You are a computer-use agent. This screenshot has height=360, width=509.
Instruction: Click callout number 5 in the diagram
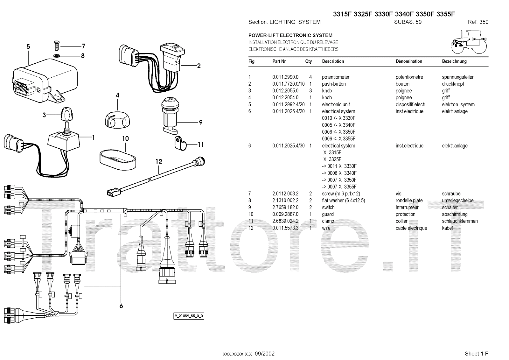pyautogui.click(x=28, y=47)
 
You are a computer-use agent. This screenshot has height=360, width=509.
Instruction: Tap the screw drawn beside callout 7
pyautogui.click(x=56, y=46)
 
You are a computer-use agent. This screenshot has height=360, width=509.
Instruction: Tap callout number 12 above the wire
pyautogui.click(x=159, y=161)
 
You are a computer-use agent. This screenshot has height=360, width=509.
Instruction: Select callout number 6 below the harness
pyautogui.click(x=121, y=306)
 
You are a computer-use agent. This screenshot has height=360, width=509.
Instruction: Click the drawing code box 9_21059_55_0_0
pyautogui.click(x=189, y=316)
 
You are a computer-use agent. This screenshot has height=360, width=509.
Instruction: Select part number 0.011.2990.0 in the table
pyautogui.click(x=285, y=77)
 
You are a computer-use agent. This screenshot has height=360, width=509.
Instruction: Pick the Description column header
pyautogui.click(x=333, y=61)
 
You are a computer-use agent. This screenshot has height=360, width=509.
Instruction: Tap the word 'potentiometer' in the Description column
pyautogui.click(x=336, y=77)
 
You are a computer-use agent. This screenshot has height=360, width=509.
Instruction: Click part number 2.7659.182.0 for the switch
pyautogui.click(x=285, y=208)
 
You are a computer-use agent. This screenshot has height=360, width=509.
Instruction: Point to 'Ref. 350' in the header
pyautogui.click(x=478, y=22)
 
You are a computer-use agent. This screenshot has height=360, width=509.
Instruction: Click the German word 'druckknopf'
pyautogui.click(x=453, y=84)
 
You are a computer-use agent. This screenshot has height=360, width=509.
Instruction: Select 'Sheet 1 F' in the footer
pyautogui.click(x=476, y=354)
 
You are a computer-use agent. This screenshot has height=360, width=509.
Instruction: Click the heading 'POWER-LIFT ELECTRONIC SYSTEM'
pyautogui.click(x=290, y=35)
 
